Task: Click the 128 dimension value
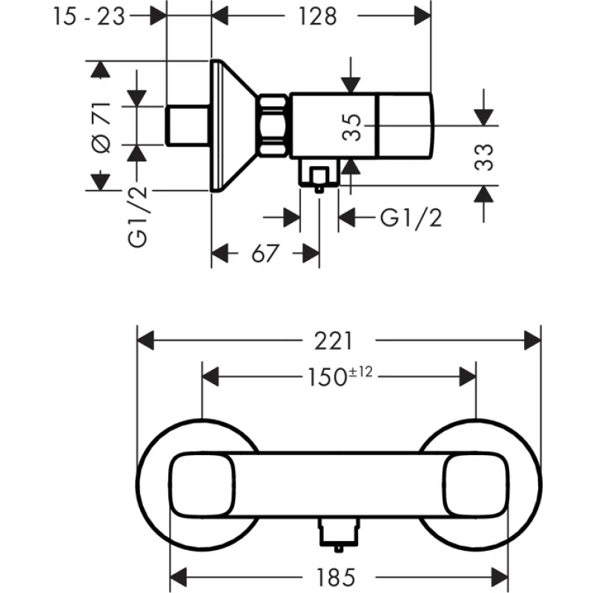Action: click(x=318, y=16)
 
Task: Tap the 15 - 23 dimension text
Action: click(x=89, y=16)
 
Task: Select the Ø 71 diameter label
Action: click(x=102, y=127)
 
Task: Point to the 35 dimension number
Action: click(x=351, y=127)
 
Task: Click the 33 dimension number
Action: click(x=484, y=157)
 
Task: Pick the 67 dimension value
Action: click(x=265, y=253)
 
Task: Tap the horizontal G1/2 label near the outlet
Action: click(x=411, y=218)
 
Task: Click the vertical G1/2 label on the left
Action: click(x=137, y=216)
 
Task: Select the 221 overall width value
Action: click(x=334, y=341)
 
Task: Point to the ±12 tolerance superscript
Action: click(x=360, y=372)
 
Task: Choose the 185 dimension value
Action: click(x=336, y=577)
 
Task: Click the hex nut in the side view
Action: click(x=273, y=125)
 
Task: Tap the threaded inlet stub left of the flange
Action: click(x=188, y=125)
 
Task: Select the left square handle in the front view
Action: click(x=202, y=486)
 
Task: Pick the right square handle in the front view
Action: click(x=475, y=486)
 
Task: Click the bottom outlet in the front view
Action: click(x=339, y=534)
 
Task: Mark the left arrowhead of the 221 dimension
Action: click(x=145, y=340)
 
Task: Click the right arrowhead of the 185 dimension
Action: click(x=499, y=577)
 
